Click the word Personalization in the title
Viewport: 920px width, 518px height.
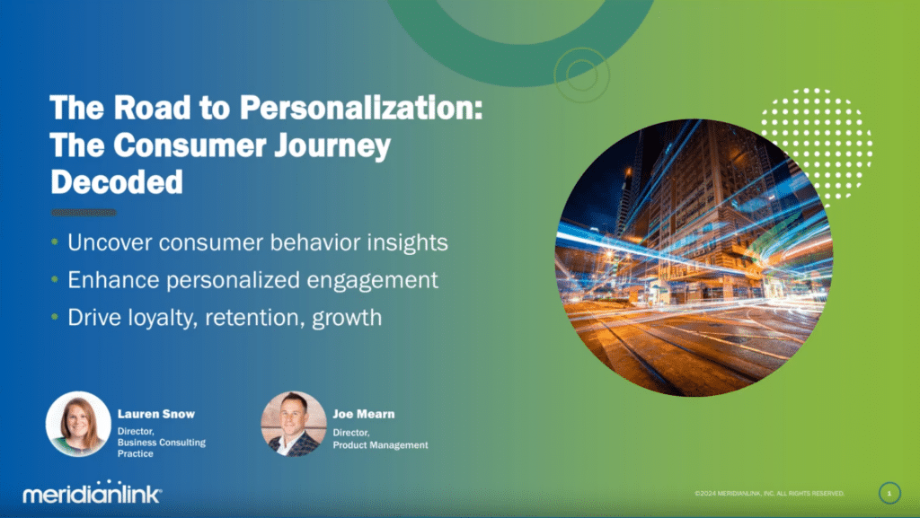point(360,109)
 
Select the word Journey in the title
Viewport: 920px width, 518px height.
point(332,146)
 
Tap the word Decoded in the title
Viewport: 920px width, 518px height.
point(117,181)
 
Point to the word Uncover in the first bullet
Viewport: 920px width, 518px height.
point(109,242)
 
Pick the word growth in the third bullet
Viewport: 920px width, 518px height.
point(347,318)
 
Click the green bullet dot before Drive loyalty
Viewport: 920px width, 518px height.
point(55,316)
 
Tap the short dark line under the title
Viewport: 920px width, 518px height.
point(84,212)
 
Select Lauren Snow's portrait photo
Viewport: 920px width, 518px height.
point(78,424)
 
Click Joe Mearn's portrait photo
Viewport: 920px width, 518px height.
point(294,424)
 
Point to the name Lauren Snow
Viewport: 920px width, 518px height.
point(156,414)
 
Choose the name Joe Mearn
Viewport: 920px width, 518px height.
point(364,414)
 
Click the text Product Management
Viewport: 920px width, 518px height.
point(380,445)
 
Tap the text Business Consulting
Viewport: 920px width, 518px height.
point(162,443)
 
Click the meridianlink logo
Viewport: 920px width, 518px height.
point(93,492)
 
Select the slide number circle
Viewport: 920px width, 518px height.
point(889,494)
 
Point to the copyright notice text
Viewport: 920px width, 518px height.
point(769,494)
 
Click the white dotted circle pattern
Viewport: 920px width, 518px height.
point(817,145)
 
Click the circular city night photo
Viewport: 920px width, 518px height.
point(694,258)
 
